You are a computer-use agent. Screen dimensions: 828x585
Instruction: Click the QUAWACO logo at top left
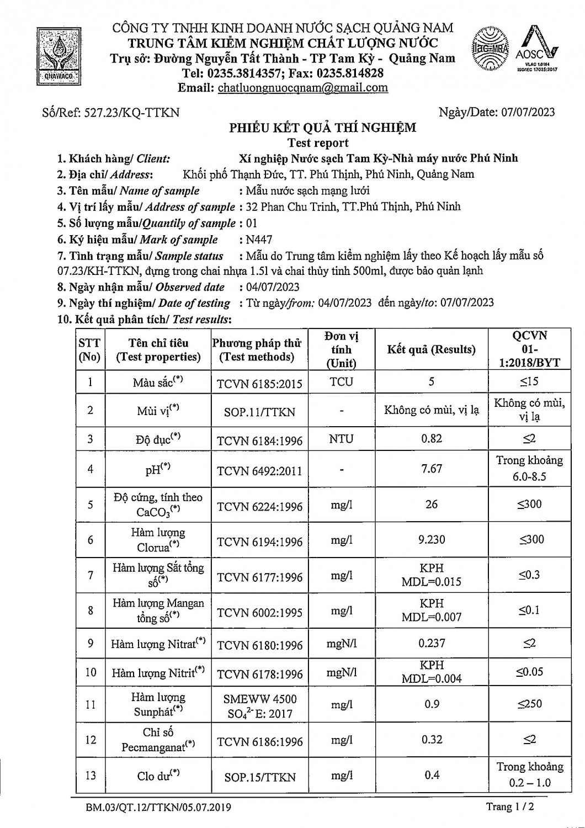tap(59, 56)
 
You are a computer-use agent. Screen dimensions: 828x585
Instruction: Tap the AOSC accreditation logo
tap(536, 50)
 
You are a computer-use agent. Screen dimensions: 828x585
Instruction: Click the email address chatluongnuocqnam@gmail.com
tap(303, 88)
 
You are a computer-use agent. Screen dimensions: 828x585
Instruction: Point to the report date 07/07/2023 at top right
tap(528, 113)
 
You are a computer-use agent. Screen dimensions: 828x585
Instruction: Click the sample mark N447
tap(259, 240)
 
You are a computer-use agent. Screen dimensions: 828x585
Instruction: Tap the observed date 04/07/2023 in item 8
tap(273, 287)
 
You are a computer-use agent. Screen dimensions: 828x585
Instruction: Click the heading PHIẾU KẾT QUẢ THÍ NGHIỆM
tap(323, 128)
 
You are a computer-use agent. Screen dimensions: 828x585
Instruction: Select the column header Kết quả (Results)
tap(431, 349)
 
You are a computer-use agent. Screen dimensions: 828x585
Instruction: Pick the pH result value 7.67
tap(432, 469)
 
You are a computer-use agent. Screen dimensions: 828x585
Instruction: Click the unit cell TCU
tap(341, 382)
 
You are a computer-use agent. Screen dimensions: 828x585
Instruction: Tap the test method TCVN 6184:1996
tap(259, 440)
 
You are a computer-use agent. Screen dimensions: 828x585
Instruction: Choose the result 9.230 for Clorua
tap(432, 540)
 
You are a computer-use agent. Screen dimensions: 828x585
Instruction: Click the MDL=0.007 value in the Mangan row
tap(432, 617)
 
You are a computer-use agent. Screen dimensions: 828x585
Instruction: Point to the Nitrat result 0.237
tap(432, 643)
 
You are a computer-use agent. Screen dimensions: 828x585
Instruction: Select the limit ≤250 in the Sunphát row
tap(529, 704)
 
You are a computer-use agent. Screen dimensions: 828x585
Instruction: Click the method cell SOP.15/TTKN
tap(259, 777)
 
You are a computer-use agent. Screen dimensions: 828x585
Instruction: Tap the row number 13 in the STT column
tap(91, 776)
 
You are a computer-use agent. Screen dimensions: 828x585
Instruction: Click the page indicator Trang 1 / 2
tap(509, 807)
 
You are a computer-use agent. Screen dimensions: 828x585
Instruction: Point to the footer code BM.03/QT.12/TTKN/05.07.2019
tap(158, 808)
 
